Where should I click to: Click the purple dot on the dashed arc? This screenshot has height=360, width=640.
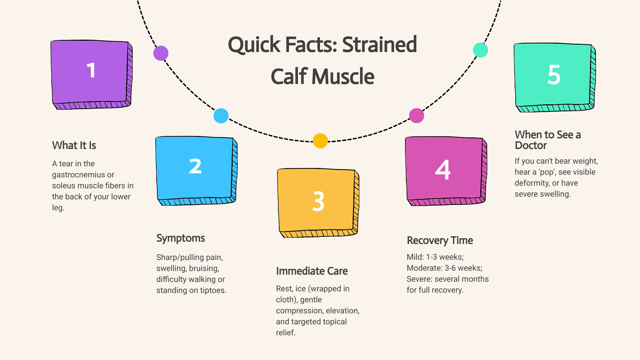pyautogui.click(x=161, y=53)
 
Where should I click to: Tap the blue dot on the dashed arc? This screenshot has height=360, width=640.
pyautogui.click(x=221, y=116)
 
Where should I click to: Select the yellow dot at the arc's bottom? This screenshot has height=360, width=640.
pyautogui.click(x=320, y=141)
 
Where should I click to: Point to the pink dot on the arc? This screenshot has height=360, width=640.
pyautogui.click(x=416, y=116)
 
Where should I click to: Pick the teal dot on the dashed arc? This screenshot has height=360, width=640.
pyautogui.click(x=480, y=50)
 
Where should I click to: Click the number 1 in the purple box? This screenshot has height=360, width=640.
pyautogui.click(x=91, y=70)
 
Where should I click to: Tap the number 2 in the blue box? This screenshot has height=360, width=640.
pyautogui.click(x=195, y=166)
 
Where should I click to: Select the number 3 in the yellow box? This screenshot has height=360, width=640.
pyautogui.click(x=318, y=201)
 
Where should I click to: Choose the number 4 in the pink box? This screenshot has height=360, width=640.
pyautogui.click(x=443, y=170)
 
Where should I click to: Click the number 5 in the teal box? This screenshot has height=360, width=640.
pyautogui.click(x=554, y=75)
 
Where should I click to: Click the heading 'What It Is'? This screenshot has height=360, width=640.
pyautogui.click(x=74, y=145)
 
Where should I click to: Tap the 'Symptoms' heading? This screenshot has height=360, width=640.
pyautogui.click(x=180, y=238)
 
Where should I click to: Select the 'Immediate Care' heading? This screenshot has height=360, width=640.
pyautogui.click(x=312, y=271)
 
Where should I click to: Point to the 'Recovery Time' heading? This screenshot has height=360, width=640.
pyautogui.click(x=440, y=240)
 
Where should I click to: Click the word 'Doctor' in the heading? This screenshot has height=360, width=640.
pyautogui.click(x=531, y=146)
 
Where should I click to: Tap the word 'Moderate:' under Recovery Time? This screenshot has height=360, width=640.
pyautogui.click(x=424, y=268)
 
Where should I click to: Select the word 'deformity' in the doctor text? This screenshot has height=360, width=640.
pyautogui.click(x=532, y=183)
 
